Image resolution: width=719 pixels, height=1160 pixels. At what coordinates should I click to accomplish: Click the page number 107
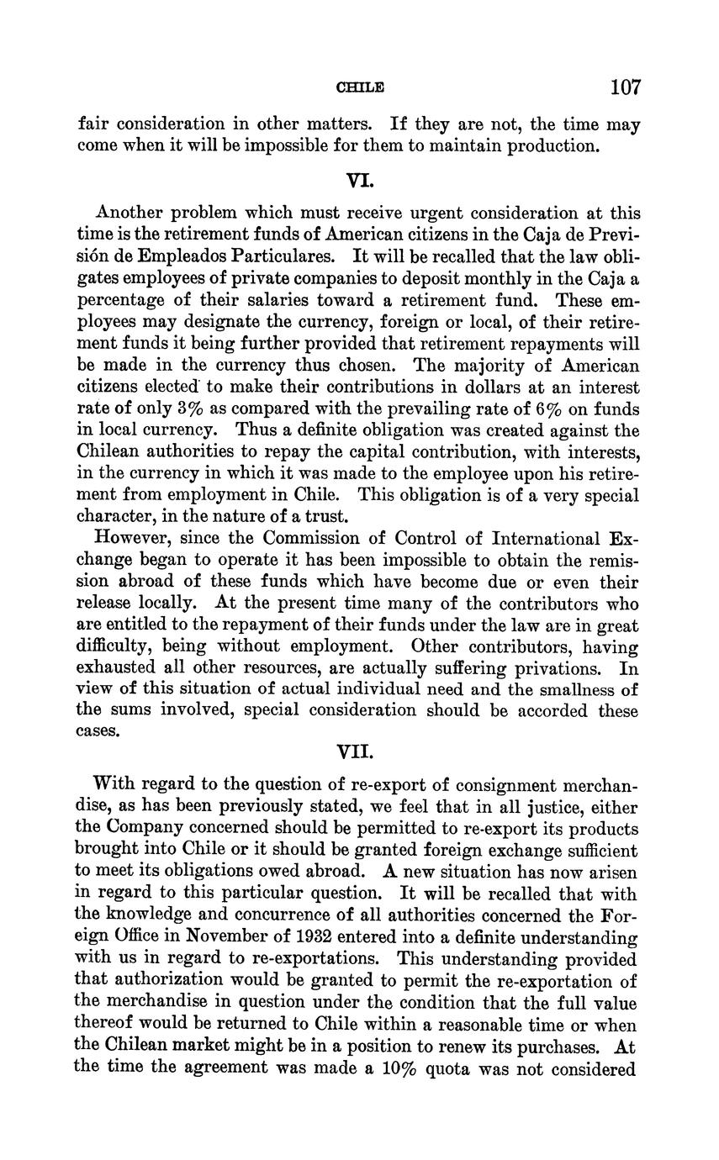click(x=626, y=87)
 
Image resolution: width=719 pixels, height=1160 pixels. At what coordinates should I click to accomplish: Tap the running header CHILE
click(x=360, y=87)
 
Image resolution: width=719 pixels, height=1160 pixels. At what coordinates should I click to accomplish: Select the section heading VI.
click(x=359, y=180)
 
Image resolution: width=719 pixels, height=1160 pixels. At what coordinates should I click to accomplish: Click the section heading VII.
click(x=359, y=750)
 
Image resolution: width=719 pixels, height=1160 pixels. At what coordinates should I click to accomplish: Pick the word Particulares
click(x=286, y=256)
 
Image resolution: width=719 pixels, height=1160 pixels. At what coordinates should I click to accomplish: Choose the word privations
click(x=549, y=668)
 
